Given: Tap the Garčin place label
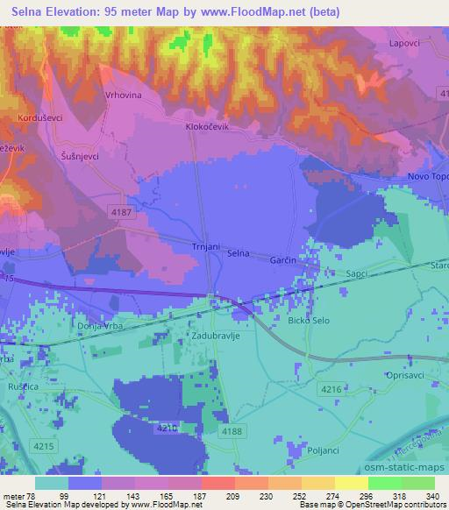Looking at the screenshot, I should pyautogui.click(x=282, y=260).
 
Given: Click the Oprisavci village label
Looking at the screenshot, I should pyautogui.click(x=406, y=375).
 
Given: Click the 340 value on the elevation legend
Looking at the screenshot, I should pyautogui.click(x=432, y=495).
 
